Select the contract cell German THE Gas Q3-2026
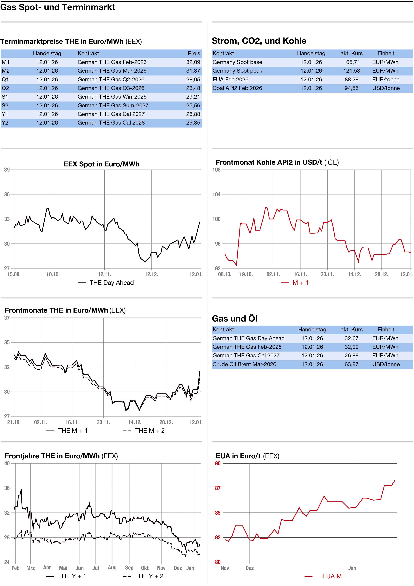pyautogui.click(x=111, y=88)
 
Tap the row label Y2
pyautogui.click(x=5, y=123)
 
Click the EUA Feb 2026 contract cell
pyautogui.click(x=230, y=80)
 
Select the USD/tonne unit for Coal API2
pyautogui.click(x=386, y=88)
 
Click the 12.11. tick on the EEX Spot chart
pyautogui.click(x=104, y=274)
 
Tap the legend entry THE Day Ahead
pyautogui.click(x=111, y=283)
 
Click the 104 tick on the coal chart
pyautogui.click(x=217, y=194)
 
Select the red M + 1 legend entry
pyautogui.click(x=300, y=283)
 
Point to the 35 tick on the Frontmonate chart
pyautogui.click(x=7, y=342)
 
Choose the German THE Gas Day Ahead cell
pyautogui.click(x=248, y=338)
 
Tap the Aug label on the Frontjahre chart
pyautogui.click(x=112, y=568)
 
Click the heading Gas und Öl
pyautogui.click(x=234, y=319)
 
